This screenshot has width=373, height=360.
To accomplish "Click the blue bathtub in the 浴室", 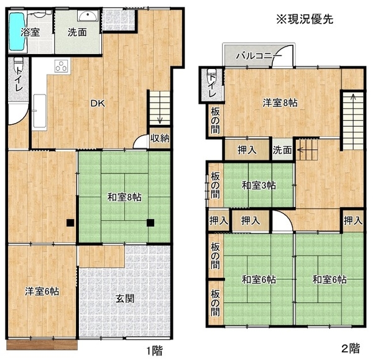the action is coord(17,32).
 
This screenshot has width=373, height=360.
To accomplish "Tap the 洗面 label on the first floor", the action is coord(77,32).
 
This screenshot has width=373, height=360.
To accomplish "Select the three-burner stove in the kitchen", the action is coord(62,66).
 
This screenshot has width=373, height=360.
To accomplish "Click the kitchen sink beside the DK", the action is coord(39,111).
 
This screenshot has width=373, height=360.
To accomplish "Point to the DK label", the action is coord(98,103).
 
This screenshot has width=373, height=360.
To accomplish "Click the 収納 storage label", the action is coord(160,138).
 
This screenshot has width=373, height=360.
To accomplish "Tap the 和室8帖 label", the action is coord(124,197).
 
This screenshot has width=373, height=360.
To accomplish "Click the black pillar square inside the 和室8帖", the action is coord(150,223).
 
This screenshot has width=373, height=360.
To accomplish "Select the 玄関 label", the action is coord(125,298).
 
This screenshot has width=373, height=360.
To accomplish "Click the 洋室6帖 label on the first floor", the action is coord(42,291).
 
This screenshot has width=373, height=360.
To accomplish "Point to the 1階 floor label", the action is coord(154,351).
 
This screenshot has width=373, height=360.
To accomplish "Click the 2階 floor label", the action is coord(351,349).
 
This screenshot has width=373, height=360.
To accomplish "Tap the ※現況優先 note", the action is coord(305,19).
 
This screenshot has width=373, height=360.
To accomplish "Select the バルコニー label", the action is coord(259,56).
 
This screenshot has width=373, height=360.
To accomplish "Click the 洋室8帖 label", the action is coord(280,103).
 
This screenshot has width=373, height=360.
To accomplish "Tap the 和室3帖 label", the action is coord(259,185).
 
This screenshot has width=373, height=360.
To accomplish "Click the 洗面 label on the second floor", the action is coord(282,150).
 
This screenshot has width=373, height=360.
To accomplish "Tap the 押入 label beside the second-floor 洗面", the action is coord(247,150).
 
